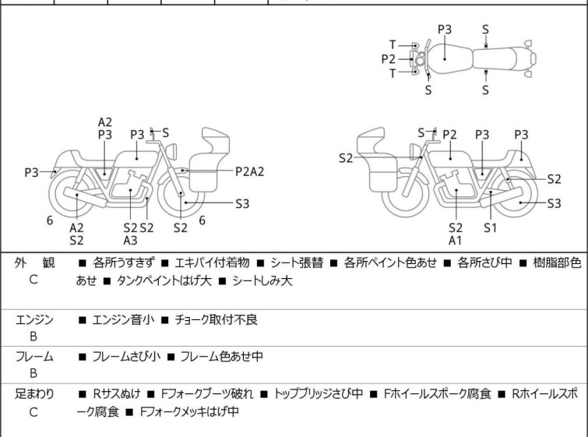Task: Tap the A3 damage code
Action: (x=130, y=241)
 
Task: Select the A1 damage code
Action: (x=456, y=241)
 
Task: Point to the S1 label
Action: (x=490, y=227)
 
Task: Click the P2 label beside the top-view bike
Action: (x=389, y=58)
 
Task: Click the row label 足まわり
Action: (x=34, y=394)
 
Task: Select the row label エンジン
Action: (x=34, y=319)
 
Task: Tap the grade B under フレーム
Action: (x=33, y=373)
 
